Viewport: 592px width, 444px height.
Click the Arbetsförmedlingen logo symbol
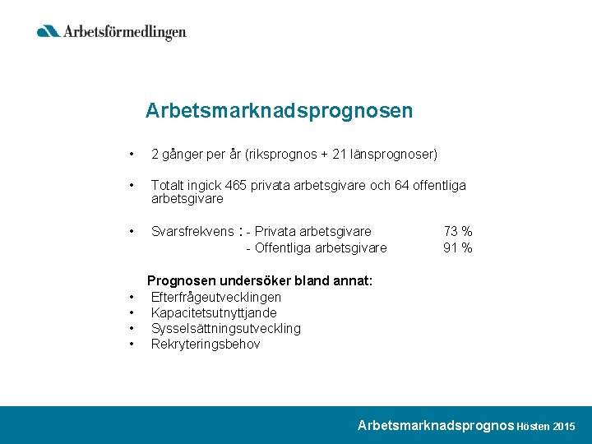[x=49, y=31]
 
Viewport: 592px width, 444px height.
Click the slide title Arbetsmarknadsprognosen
[x=279, y=110]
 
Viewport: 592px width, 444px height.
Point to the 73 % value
[x=457, y=232]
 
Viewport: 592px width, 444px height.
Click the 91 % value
[x=457, y=247]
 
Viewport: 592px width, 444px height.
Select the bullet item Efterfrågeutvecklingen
[x=216, y=297]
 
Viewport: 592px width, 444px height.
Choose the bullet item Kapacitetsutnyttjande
[x=214, y=312]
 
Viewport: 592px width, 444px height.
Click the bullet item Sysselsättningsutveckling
[x=226, y=328]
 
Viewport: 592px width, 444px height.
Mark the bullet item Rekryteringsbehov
[x=206, y=344]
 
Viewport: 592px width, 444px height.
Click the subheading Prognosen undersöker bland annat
[x=260, y=281]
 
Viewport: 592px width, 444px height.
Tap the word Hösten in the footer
[x=534, y=427]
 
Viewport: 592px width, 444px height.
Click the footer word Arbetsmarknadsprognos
[x=436, y=425]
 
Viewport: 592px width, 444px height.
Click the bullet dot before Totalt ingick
[x=131, y=186]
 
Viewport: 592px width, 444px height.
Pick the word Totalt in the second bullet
[x=169, y=186]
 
